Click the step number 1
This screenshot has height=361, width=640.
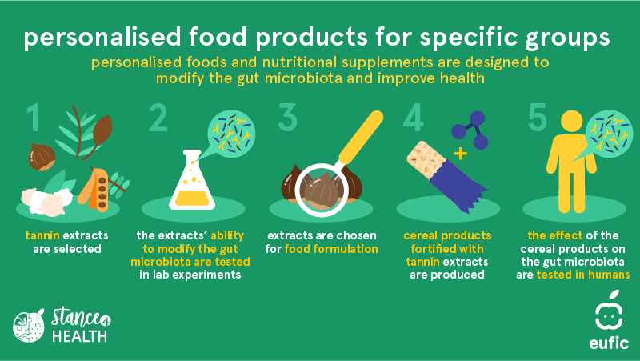34,118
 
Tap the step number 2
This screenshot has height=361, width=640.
158,118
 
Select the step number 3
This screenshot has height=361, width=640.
288,118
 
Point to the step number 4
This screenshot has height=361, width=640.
413,118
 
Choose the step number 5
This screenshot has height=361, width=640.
537,118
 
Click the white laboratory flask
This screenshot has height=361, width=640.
192,181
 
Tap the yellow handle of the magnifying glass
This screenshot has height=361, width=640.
361,137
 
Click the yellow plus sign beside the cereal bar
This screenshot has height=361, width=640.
461,154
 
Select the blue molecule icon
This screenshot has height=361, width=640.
470,130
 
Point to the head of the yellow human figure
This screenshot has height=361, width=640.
571,122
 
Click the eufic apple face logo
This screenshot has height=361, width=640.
609,311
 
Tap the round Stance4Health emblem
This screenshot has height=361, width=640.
29,326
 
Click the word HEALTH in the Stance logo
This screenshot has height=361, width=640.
79,336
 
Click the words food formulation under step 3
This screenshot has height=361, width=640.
331,249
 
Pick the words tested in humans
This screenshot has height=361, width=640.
583,275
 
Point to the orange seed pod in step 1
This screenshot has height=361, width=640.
94,189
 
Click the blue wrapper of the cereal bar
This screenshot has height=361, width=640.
456,186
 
